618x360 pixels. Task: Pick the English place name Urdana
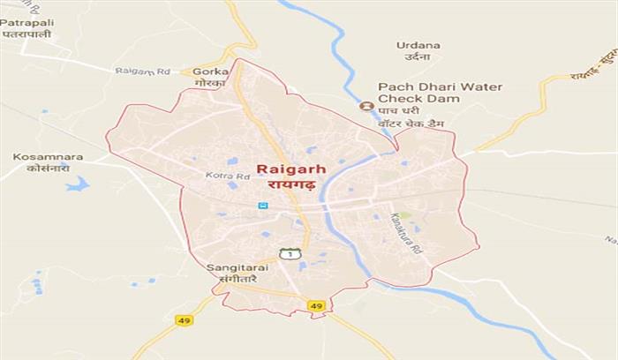[418, 44]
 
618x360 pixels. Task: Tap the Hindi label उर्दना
[418, 57]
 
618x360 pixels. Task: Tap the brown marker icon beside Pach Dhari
[366, 105]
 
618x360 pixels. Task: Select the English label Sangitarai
[230, 266]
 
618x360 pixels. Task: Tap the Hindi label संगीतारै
[230, 278]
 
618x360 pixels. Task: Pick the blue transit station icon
[262, 206]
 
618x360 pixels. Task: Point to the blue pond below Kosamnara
[78, 184]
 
